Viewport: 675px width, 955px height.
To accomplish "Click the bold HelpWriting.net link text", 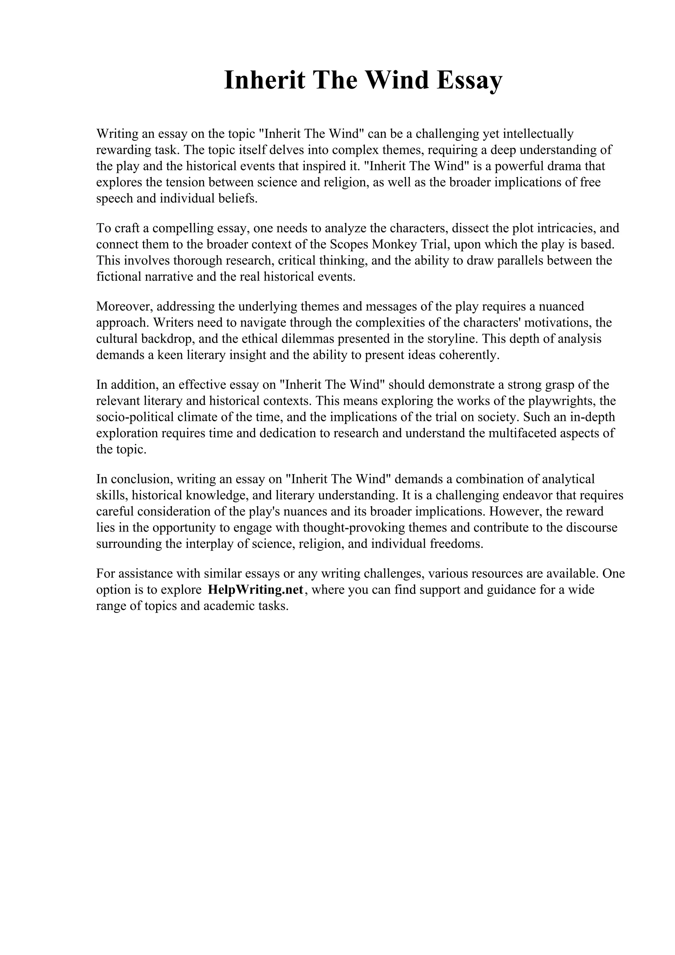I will coord(256,590).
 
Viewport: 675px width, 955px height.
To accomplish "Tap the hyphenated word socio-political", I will coord(135,417).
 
